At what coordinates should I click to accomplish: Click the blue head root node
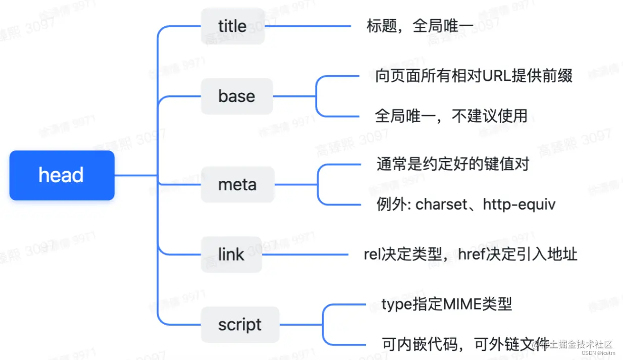62,175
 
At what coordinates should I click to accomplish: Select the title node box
233,26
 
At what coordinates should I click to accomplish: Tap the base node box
237,96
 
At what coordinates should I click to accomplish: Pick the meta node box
237,185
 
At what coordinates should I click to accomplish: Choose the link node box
231,254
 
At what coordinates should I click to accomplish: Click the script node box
240,325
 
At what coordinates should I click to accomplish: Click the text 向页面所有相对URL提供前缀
474,76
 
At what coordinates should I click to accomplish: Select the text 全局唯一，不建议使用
451,116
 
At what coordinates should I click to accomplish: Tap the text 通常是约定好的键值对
452,164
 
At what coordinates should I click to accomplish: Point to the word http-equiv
519,204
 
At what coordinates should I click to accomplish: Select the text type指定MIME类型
446,304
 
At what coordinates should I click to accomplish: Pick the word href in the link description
472,254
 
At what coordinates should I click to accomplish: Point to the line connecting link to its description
305,254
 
